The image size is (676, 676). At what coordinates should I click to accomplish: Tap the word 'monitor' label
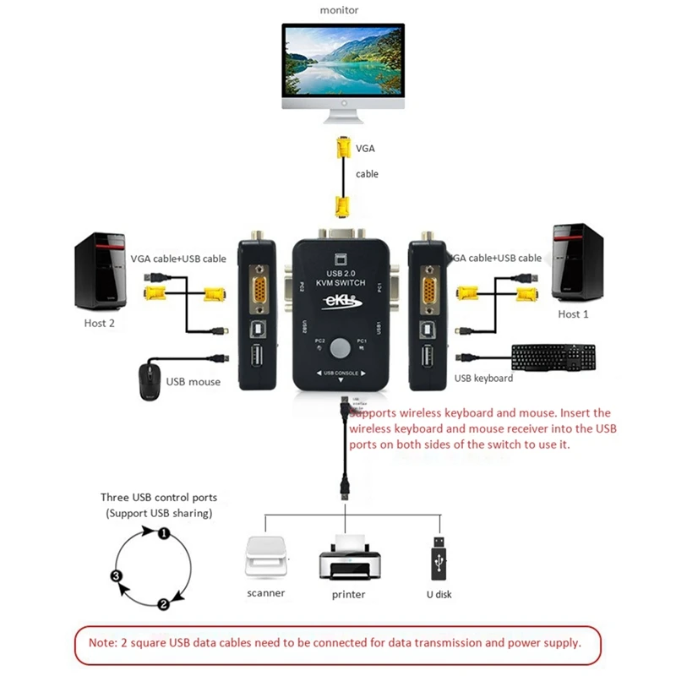tap(340, 9)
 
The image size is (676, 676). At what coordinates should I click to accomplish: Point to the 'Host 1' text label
tap(574, 314)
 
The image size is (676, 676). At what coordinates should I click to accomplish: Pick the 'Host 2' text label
tap(100, 323)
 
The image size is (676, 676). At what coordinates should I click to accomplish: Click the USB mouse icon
tap(149, 379)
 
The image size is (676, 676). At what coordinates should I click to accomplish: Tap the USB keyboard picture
tap(553, 357)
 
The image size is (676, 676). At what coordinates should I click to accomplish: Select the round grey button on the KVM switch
tap(341, 346)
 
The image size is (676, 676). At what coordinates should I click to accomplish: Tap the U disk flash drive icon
tap(439, 558)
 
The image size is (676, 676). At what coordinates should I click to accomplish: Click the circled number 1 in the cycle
tap(165, 532)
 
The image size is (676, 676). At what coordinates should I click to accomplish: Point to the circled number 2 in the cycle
tap(163, 604)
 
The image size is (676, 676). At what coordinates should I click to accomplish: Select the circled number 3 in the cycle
tap(117, 576)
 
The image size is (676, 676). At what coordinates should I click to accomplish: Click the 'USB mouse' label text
tap(194, 382)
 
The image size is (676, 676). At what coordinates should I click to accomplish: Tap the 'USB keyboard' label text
tap(484, 379)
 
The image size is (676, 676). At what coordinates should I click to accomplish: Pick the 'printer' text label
tap(348, 595)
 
